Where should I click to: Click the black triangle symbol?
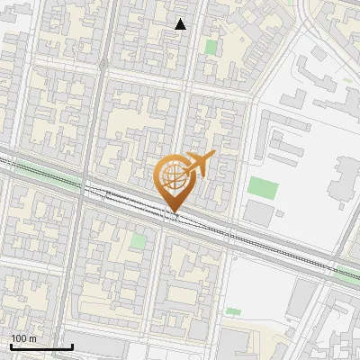tap(181, 24)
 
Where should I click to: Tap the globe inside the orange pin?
tap(174, 177)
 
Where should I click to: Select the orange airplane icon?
tap(200, 163)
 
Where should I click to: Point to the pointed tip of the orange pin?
tap(174, 213)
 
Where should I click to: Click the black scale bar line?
tap(40, 346)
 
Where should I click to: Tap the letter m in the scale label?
tap(33, 338)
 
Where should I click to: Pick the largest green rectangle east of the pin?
tap(263, 188)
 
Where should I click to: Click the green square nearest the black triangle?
tap(211, 46)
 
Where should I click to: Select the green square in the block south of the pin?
tap(138, 241)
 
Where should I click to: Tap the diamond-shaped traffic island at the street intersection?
tap(103, 66)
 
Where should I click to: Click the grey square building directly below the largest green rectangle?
tap(258, 213)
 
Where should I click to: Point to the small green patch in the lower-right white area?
tap(233, 311)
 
